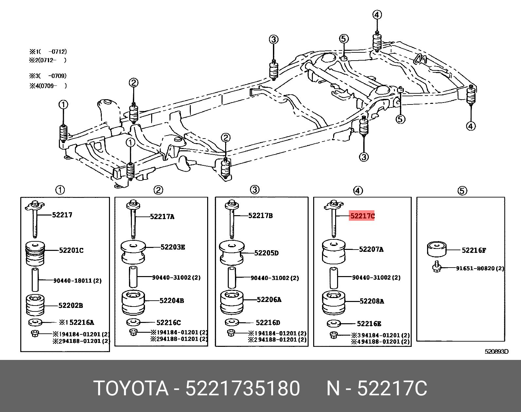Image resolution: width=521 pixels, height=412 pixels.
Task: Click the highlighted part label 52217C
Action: [x=362, y=216]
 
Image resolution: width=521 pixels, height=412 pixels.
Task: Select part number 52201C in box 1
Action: [x=71, y=251]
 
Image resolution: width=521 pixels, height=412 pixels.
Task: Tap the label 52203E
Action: [x=172, y=247]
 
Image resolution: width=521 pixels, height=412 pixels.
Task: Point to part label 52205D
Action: [x=266, y=253]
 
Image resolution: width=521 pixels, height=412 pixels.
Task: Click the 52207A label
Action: [x=371, y=250]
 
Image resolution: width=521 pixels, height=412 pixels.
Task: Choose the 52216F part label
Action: [x=474, y=250]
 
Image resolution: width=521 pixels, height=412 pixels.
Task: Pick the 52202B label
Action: [x=70, y=306]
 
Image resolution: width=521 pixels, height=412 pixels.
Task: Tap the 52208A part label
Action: [x=371, y=301]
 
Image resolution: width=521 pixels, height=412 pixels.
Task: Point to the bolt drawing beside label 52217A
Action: [x=133, y=219]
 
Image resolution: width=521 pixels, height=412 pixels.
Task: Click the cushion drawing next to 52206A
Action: [x=232, y=302]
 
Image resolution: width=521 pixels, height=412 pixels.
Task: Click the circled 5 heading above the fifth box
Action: [x=462, y=191]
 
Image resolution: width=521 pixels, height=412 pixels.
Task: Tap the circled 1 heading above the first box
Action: [x=60, y=190]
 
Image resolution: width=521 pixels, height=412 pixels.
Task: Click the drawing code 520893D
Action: [x=496, y=352]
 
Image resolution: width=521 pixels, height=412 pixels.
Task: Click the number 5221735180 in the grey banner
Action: [x=243, y=389]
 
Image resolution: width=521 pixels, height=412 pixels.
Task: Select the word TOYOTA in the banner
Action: [x=131, y=389]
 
